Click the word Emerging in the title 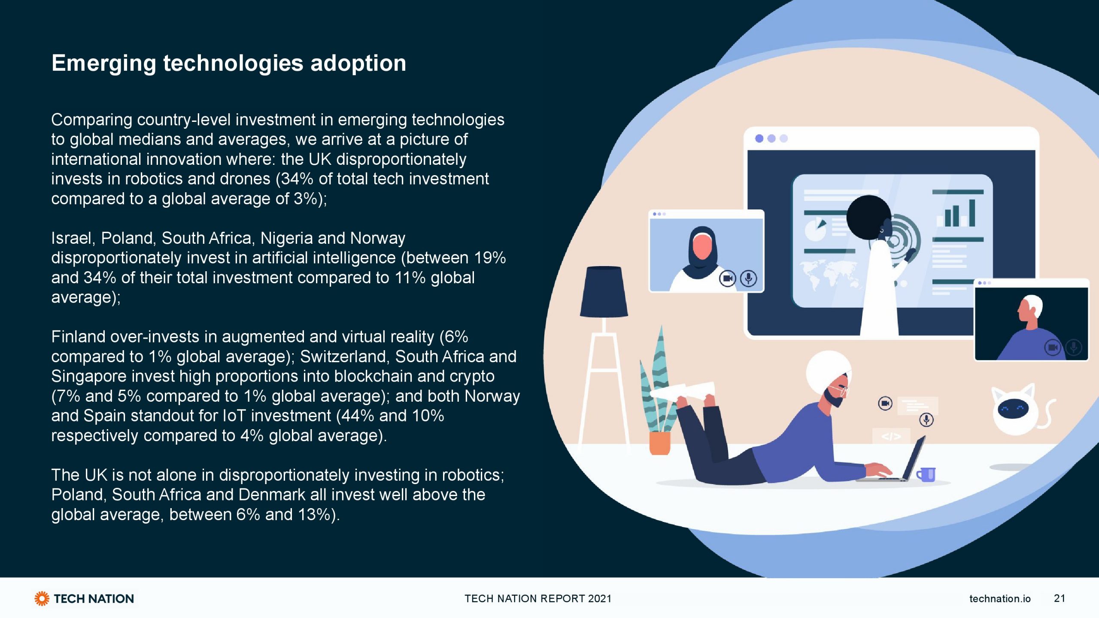tap(103, 64)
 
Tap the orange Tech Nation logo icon tap(42, 598)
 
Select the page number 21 tap(1060, 598)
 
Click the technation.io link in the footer tap(1000, 598)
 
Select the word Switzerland tap(345, 357)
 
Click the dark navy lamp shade tap(604, 292)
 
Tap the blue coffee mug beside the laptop tap(926, 475)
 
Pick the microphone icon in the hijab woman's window tap(749, 279)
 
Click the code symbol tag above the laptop tap(891, 436)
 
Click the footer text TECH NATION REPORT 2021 tap(538, 599)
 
